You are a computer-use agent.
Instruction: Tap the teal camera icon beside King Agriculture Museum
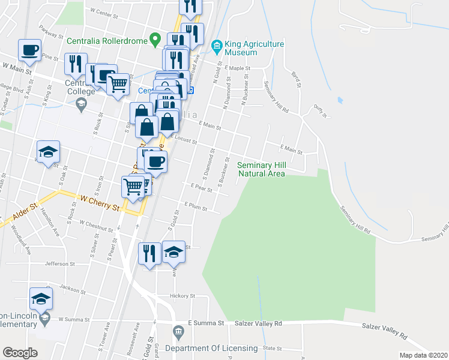[x=216, y=44]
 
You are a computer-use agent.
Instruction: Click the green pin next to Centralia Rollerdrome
[x=155, y=38]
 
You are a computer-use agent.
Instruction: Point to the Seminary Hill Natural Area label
[x=261, y=169]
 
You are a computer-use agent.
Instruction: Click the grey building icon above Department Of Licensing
[x=178, y=332]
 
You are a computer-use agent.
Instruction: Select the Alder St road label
[x=25, y=212]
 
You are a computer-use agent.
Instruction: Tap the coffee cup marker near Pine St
[x=30, y=52]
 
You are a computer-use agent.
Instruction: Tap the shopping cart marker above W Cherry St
[x=133, y=187]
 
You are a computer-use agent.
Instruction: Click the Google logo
[x=20, y=353]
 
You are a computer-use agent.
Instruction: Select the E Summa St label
[x=206, y=323]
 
